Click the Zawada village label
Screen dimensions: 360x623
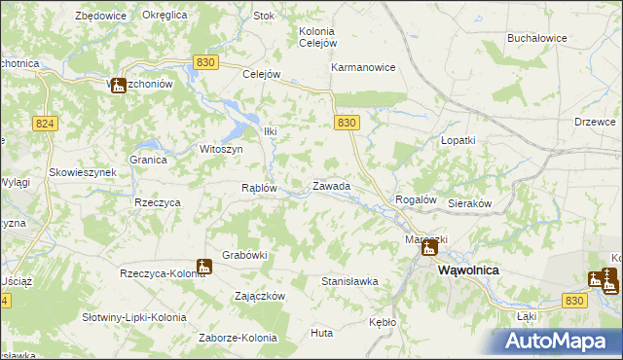[331, 185]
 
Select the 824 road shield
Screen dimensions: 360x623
[44, 124]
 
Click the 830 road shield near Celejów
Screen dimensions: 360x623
[204, 61]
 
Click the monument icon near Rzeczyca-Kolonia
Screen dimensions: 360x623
[203, 266]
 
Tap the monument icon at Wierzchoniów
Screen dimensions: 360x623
[118, 86]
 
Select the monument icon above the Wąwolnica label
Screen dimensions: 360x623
[429, 248]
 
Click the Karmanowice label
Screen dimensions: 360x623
[363, 68]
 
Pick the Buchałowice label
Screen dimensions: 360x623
[537, 38]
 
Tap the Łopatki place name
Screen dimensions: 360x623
[458, 140]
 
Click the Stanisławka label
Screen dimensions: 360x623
[349, 281]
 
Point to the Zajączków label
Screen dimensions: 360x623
[260, 295]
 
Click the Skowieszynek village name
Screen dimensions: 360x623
[84, 171]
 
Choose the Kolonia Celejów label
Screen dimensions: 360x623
[317, 37]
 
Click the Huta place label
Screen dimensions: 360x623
[321, 333]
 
